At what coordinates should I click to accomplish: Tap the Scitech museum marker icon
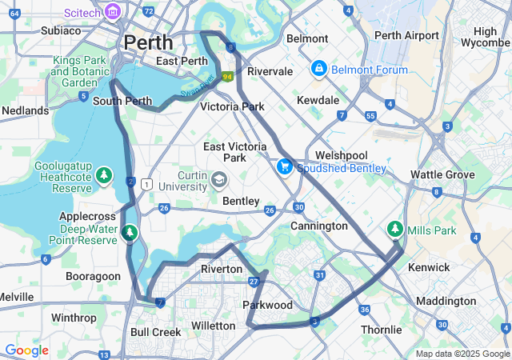click(112, 12)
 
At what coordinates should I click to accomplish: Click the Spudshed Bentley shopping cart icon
click(284, 167)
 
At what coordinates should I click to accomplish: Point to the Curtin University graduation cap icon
click(219, 178)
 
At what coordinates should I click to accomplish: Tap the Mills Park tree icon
click(394, 230)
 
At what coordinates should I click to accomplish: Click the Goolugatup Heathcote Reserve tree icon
click(103, 174)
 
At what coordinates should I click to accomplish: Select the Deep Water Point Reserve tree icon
click(130, 233)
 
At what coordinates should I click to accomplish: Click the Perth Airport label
click(406, 35)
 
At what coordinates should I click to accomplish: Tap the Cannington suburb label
click(318, 226)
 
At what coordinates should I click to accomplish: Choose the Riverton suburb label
click(222, 270)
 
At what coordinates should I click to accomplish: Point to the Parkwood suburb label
click(267, 306)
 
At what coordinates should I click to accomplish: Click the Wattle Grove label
click(442, 174)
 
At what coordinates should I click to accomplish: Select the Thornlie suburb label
click(382, 330)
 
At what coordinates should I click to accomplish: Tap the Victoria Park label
click(232, 106)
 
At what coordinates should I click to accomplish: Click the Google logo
click(26, 350)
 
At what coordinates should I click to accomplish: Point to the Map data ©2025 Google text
click(462, 354)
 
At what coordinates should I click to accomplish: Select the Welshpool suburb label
click(340, 155)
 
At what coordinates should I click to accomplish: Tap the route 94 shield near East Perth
click(227, 77)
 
